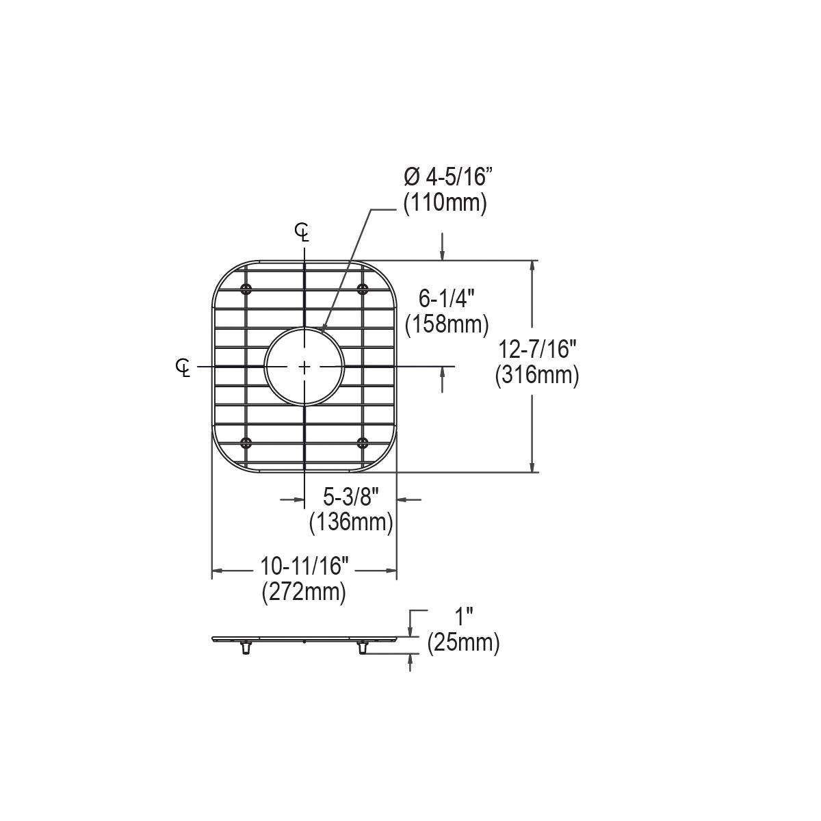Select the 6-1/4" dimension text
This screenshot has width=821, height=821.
pyautogui.click(x=447, y=298)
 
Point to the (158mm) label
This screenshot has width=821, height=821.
pyautogui.click(x=447, y=325)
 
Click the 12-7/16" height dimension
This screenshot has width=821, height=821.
pyautogui.click(x=537, y=349)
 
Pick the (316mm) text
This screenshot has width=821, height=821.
pyautogui.click(x=537, y=376)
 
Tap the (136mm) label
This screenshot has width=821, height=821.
pyautogui.click(x=351, y=522)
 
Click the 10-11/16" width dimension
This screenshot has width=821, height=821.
pyautogui.click(x=304, y=566)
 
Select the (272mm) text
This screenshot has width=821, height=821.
pyautogui.click(x=304, y=592)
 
